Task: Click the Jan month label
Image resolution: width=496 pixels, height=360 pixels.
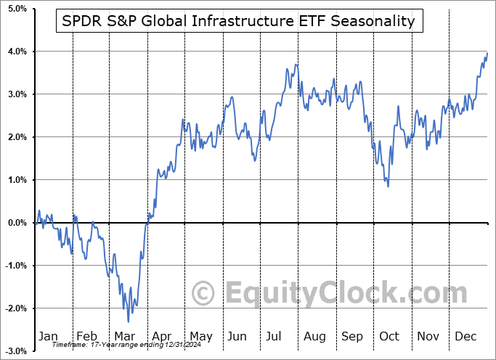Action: tap(47, 336)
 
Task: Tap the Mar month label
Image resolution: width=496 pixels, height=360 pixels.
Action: tap(124, 336)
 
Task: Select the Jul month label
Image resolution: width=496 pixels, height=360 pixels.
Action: tap(275, 336)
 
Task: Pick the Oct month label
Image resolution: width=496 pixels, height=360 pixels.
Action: tap(389, 336)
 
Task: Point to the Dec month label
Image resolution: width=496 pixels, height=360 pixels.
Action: tap(465, 336)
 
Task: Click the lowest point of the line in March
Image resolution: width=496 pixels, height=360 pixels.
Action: tap(129, 322)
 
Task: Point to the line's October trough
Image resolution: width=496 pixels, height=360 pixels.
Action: tap(388, 187)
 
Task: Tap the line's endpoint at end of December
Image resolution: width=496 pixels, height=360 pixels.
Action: tap(487, 52)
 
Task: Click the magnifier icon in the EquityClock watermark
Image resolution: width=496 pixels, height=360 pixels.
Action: tap(203, 294)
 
